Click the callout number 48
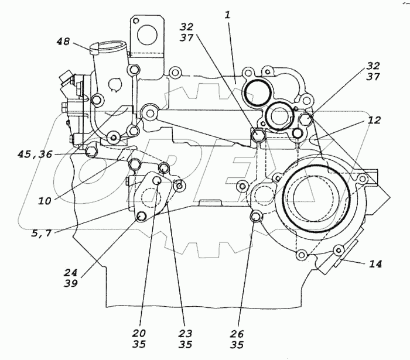(63, 42)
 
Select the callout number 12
(374, 121)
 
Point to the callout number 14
(375, 264)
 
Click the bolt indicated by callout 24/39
(141, 218)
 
